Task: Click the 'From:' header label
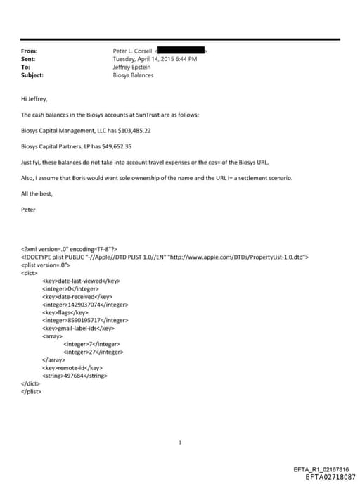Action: click(x=29, y=51)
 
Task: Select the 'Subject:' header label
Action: click(x=32, y=75)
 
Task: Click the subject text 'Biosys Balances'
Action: click(x=133, y=75)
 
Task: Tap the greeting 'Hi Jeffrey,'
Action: click(x=34, y=100)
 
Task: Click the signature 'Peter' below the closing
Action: click(x=29, y=208)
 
